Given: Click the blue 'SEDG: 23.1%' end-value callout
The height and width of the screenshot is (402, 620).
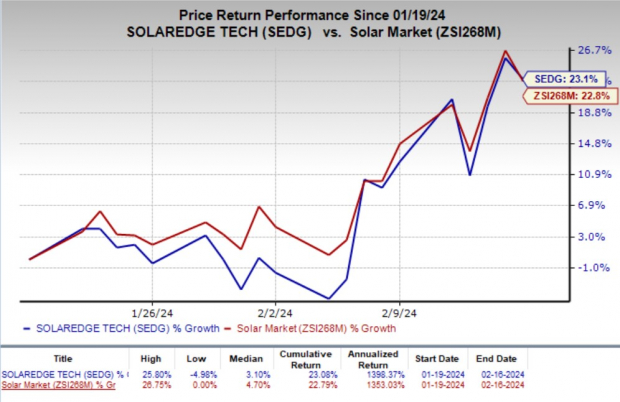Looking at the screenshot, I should point(563,76).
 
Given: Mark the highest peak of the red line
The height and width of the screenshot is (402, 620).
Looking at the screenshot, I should point(506,51).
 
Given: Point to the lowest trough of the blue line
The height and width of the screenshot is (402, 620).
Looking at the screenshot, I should point(328,298).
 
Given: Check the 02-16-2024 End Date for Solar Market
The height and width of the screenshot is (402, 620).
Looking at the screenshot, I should point(493,383).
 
